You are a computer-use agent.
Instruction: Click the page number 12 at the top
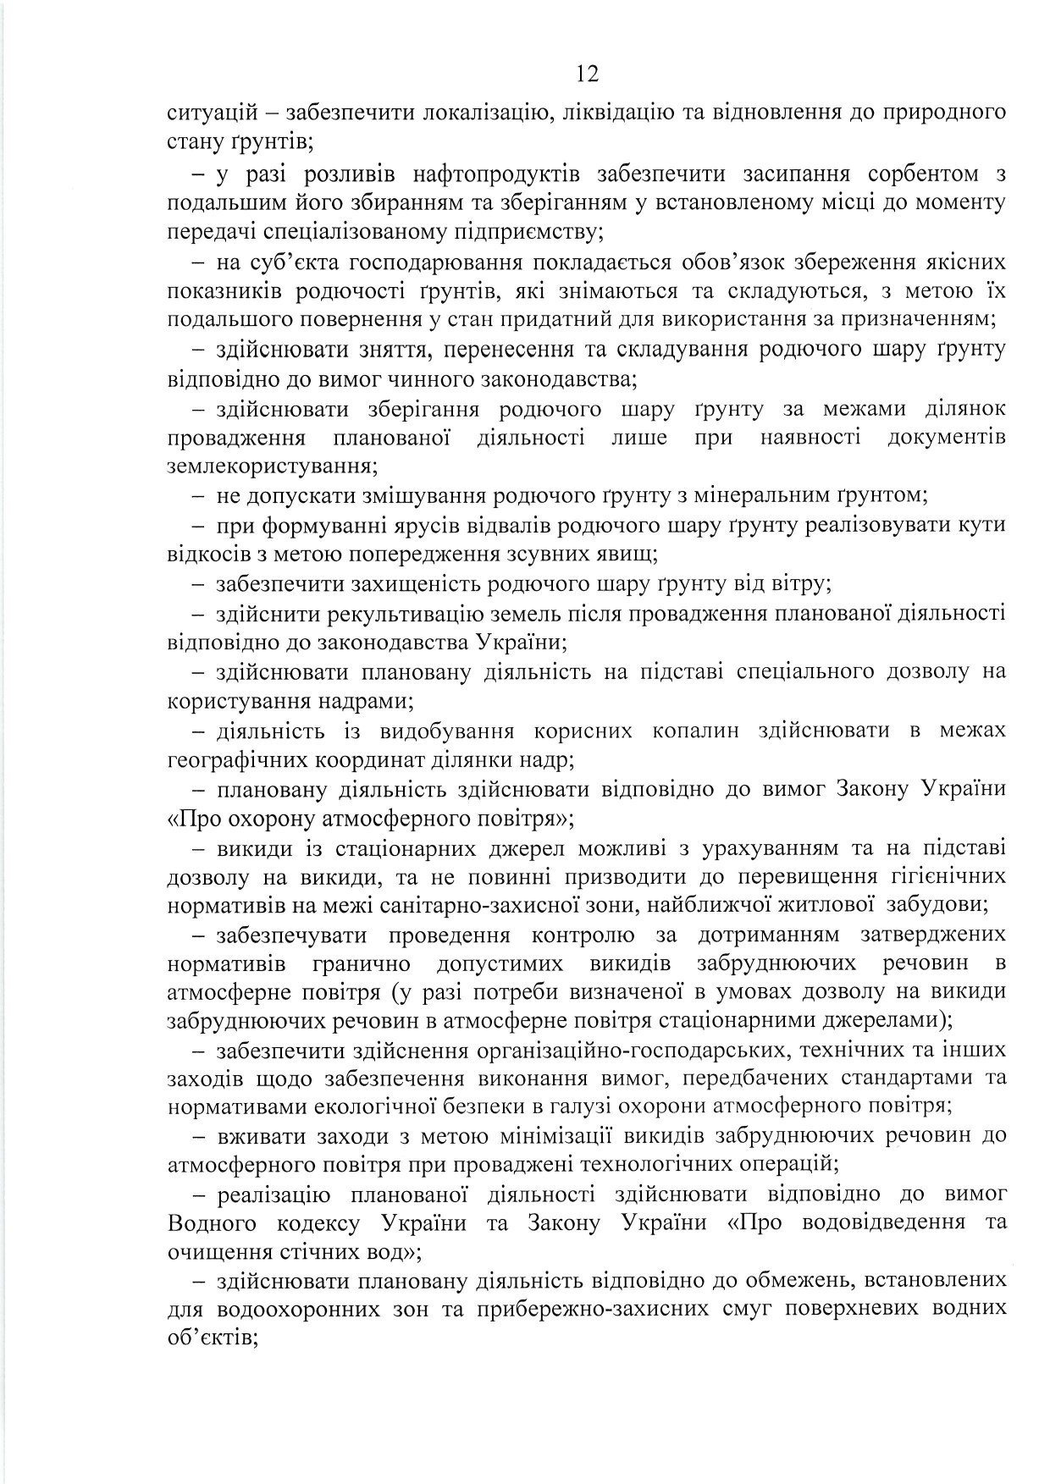[x=587, y=74]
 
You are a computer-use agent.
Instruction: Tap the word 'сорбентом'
[x=917, y=174]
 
